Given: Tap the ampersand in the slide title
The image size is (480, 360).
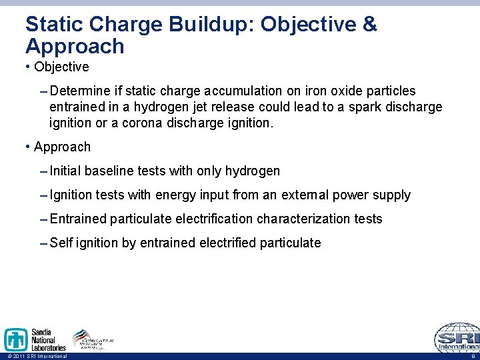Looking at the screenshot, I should click(x=369, y=25).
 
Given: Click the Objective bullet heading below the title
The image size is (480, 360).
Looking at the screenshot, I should click(x=61, y=67).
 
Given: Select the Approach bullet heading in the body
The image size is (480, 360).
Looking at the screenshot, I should click(x=62, y=147).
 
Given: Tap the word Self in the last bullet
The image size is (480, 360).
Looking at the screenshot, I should click(x=61, y=243).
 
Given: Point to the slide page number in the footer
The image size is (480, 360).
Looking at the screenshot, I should click(x=473, y=356).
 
